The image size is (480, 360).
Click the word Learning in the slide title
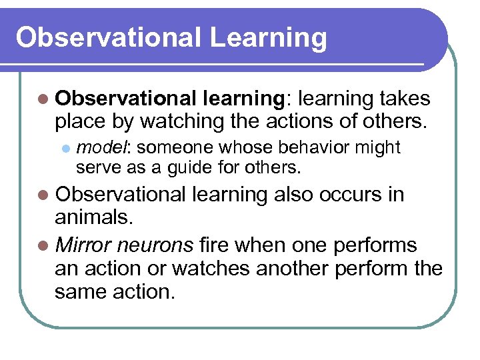click(x=268, y=39)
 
